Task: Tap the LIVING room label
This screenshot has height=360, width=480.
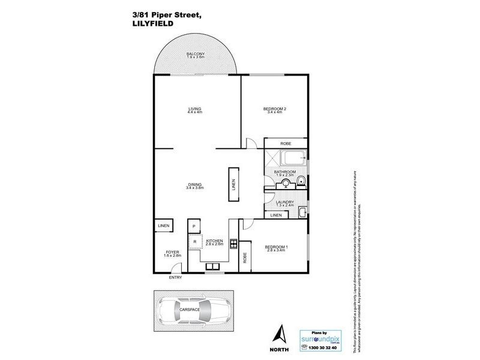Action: tap(195, 110)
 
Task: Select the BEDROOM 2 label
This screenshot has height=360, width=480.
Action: tap(275, 110)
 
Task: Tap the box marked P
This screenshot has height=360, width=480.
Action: tap(194, 226)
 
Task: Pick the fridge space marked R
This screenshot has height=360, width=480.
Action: tap(194, 242)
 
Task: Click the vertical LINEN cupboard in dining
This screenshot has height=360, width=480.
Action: tap(233, 186)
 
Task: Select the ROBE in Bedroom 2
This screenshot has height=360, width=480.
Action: tap(286, 143)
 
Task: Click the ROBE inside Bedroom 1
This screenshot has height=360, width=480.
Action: tap(245, 257)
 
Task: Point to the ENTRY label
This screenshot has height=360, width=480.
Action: tap(175, 278)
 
